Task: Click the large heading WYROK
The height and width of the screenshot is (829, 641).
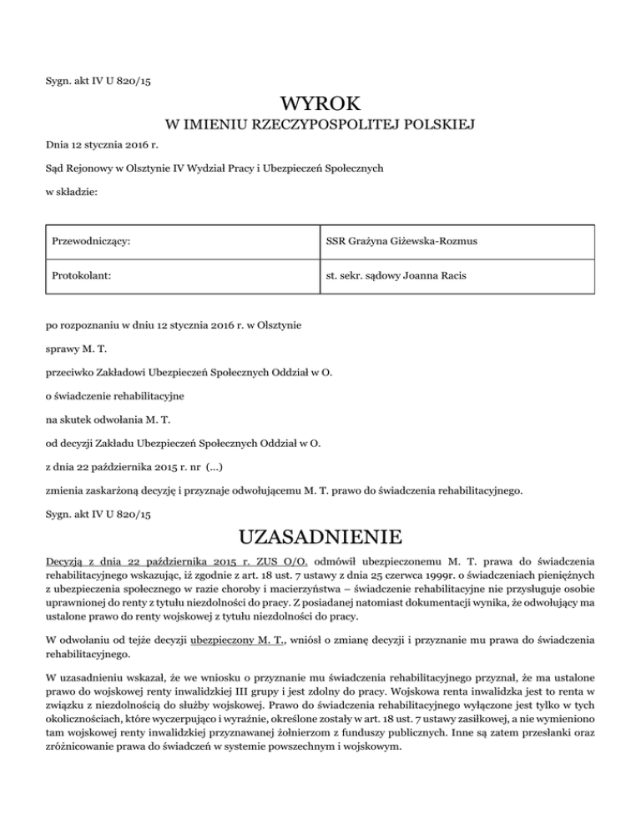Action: coord(320,105)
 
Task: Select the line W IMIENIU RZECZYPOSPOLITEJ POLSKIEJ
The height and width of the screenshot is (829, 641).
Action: coord(320,126)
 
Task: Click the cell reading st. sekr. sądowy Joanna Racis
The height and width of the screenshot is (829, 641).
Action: coord(392,276)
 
